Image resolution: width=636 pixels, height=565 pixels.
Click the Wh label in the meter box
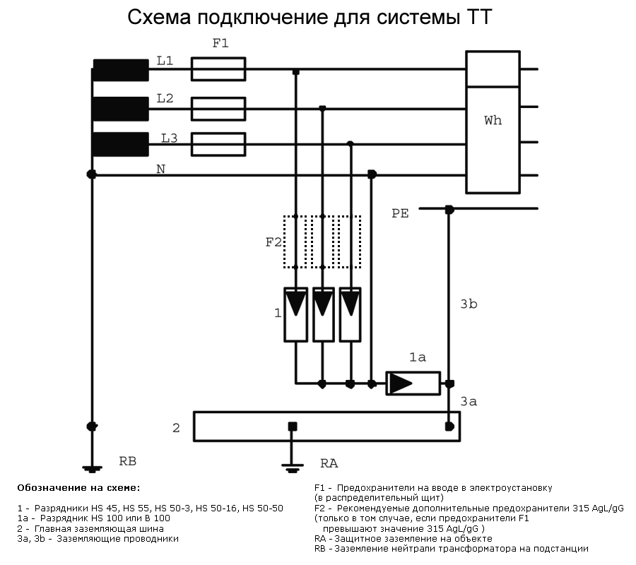tap(493, 120)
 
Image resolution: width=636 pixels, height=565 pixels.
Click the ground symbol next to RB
tap(92, 469)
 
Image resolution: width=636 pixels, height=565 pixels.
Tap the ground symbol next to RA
tap(292, 468)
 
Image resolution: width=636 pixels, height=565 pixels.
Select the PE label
tap(400, 213)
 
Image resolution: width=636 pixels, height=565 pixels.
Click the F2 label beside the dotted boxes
tap(273, 242)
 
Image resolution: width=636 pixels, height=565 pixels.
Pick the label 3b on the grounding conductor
tap(469, 304)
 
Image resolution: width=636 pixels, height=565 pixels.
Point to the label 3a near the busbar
tap(469, 401)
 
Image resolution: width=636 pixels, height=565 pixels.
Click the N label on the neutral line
tap(161, 169)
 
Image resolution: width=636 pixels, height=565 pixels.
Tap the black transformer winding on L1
tap(121, 70)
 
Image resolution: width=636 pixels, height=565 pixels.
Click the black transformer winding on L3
tap(121, 144)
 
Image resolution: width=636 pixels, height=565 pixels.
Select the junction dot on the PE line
tap(449, 210)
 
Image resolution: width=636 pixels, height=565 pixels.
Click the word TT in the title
tap(479, 17)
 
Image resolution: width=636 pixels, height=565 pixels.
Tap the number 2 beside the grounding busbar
tap(176, 427)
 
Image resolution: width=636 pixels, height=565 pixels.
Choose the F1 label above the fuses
tap(220, 43)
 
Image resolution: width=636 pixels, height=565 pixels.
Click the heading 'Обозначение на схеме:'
tap(78, 487)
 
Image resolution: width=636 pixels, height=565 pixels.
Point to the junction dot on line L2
tap(322, 108)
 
